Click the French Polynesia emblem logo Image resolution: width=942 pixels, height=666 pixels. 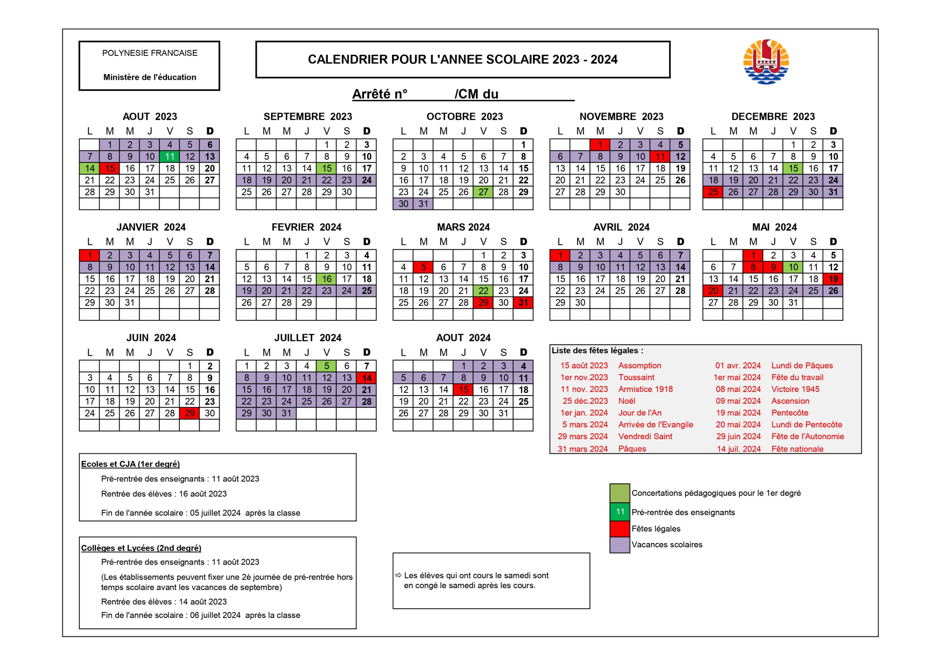[766, 61]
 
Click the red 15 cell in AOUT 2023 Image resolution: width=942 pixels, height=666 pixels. [110, 168]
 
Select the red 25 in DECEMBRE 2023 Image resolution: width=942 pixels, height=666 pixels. [713, 192]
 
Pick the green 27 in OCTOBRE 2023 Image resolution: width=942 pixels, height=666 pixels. [483, 192]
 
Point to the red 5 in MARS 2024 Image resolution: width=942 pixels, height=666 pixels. [424, 267]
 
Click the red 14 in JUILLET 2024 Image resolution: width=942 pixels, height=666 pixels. [366, 378]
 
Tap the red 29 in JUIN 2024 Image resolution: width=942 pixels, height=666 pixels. [190, 413]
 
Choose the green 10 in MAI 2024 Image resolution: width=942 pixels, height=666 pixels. [793, 267]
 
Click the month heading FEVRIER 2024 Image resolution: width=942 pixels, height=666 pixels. [306, 227]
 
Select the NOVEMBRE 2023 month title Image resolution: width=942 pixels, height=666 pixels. [621, 117]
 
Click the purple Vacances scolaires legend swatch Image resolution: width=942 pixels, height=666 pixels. [620, 545]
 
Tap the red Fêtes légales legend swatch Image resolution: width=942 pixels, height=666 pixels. [620, 528]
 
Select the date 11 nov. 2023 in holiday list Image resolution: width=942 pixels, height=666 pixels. [584, 389]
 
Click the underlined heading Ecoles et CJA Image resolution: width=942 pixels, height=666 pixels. [131, 464]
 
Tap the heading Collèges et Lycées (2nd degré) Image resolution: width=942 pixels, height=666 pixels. [141, 548]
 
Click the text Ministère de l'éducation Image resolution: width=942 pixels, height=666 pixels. [150, 77]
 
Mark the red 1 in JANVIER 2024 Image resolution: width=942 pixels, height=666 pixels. [89, 255]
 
